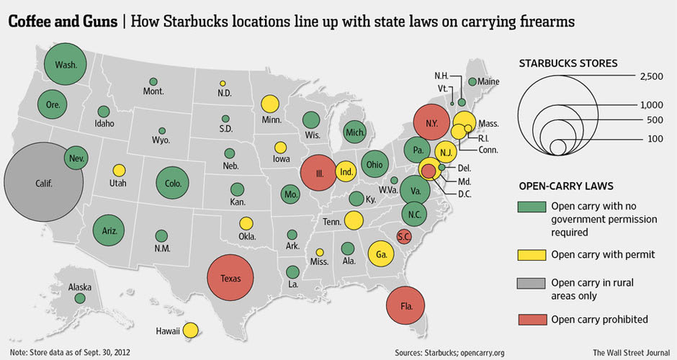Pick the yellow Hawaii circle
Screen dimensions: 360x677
(190, 330)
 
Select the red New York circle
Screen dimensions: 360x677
(431, 124)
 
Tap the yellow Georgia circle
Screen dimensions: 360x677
(381, 253)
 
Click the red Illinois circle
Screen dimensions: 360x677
(317, 174)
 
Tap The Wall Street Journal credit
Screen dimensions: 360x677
(629, 352)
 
